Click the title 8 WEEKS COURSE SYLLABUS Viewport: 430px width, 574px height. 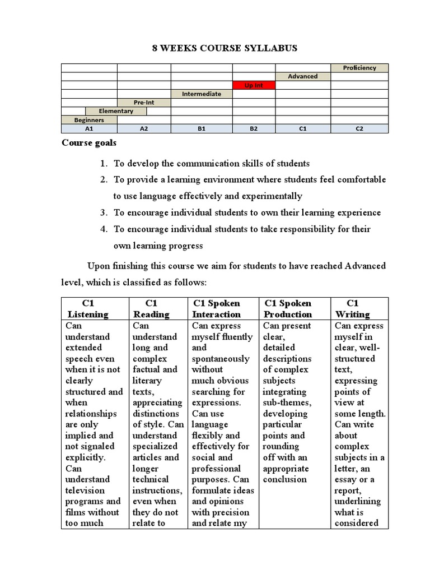point(225,48)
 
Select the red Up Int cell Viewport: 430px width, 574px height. point(254,85)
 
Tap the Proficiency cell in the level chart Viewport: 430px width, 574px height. point(359,68)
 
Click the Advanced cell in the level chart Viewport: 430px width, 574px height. point(302,76)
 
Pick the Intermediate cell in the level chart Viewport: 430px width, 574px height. point(201,94)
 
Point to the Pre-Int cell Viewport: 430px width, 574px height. point(144,103)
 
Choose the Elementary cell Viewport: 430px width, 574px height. point(116,111)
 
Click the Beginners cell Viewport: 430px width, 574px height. point(88,120)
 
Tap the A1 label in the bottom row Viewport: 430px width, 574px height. point(88,128)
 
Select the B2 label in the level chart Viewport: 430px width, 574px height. point(254,128)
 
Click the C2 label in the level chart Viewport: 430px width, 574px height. point(359,128)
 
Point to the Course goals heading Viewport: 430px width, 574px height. point(89,143)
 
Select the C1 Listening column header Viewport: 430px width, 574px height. point(87,309)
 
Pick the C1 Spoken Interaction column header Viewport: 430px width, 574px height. point(217,309)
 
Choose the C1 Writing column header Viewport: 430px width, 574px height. point(352,309)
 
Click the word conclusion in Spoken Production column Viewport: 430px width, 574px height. point(285,479)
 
